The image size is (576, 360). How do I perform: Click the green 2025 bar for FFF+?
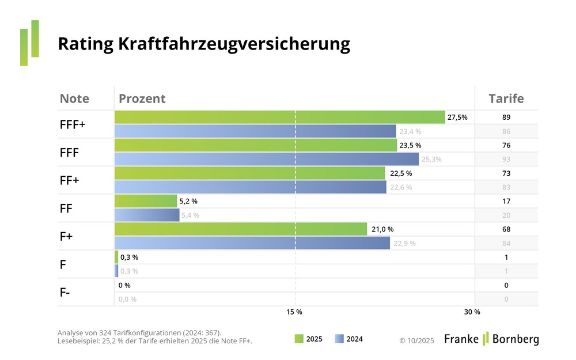tap(280, 118)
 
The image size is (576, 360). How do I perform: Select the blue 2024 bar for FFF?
tap(267, 160)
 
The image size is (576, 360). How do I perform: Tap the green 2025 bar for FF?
tap(146, 201)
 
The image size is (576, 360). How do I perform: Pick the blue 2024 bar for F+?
tap(252, 243)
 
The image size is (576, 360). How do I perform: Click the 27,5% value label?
tap(457, 118)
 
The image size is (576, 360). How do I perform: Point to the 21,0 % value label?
tap(382, 229)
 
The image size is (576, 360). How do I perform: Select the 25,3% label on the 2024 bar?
tap(432, 160)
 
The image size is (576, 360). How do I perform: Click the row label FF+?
tap(70, 180)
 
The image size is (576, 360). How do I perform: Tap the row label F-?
tap(65, 292)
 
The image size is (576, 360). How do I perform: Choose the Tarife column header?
tap(506, 98)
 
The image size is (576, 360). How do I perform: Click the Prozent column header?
tap(142, 98)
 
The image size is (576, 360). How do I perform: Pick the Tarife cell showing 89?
tap(506, 118)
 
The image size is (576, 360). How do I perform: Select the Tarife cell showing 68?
tap(506, 229)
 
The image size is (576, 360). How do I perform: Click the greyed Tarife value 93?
tap(506, 160)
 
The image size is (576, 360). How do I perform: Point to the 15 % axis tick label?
tap(294, 312)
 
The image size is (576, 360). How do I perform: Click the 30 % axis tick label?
tap(472, 312)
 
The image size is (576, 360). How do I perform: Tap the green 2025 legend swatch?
tap(299, 339)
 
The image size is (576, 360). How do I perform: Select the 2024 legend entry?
tap(349, 339)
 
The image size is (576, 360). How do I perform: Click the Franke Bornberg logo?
tap(491, 339)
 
